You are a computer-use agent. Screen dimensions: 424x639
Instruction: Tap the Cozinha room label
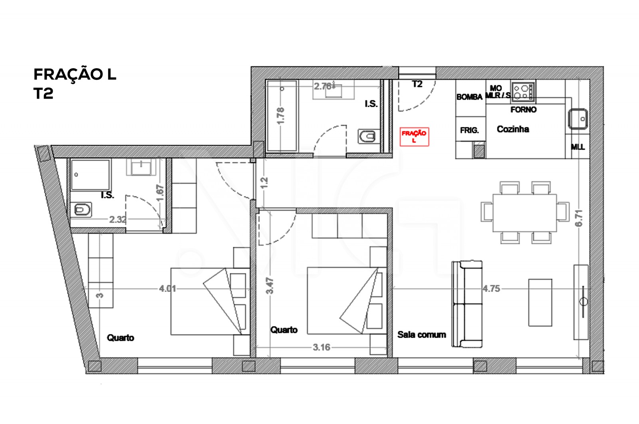point(513,129)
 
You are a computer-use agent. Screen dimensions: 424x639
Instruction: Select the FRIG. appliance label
point(469,130)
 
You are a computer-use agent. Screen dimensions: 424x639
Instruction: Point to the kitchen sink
point(578,119)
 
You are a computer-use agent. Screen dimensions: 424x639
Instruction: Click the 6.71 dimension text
point(579,218)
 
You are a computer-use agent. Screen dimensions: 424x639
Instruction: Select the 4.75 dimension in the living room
point(491,288)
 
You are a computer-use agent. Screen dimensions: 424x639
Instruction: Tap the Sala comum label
point(421,335)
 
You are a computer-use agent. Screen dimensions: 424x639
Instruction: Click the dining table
point(524,212)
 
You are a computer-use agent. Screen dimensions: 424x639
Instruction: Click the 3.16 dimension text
point(321,347)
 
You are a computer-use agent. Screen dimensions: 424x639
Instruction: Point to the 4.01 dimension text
point(167,288)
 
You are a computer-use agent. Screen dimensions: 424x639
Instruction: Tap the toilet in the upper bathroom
point(367,137)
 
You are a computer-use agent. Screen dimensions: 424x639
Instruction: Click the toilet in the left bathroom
point(83,209)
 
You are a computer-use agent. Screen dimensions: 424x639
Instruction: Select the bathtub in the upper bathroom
point(282,116)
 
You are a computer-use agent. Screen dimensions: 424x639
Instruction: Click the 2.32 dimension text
point(118,219)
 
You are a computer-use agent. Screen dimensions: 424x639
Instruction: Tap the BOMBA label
point(469,97)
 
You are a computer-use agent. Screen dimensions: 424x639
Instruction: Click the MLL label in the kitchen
point(577,147)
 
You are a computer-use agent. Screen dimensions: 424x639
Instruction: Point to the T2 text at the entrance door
point(417,84)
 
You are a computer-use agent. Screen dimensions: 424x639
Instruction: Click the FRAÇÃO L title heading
point(75,74)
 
